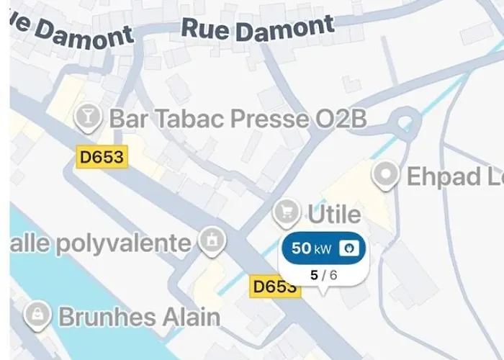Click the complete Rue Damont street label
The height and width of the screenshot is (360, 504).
pyautogui.click(x=258, y=29)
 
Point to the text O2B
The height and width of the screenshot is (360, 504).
pyautogui.click(x=341, y=119)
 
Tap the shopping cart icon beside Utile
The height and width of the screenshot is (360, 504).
pyautogui.click(x=287, y=212)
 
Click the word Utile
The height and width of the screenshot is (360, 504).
pyautogui.click(x=334, y=214)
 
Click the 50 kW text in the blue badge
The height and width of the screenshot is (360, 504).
pyautogui.click(x=311, y=249)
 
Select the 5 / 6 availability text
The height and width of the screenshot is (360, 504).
pyautogui.click(x=323, y=274)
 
